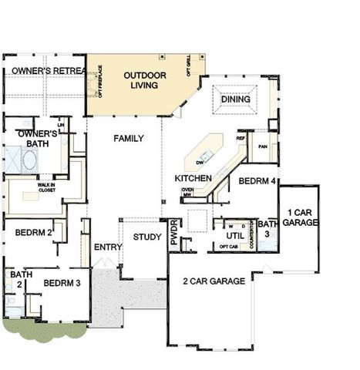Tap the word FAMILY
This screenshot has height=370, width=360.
click(130, 139)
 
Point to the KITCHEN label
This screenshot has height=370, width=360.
click(193, 178)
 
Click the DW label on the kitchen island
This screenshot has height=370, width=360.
click(200, 163)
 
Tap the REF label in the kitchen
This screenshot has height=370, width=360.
click(241, 140)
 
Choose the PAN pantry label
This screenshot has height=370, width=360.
click(262, 145)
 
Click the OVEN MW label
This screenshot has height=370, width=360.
click(187, 193)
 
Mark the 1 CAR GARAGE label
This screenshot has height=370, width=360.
click(298, 217)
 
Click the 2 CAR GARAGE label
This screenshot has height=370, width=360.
click(215, 281)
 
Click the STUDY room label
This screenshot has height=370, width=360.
click(147, 237)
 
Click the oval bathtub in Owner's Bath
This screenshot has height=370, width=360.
click(30, 162)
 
